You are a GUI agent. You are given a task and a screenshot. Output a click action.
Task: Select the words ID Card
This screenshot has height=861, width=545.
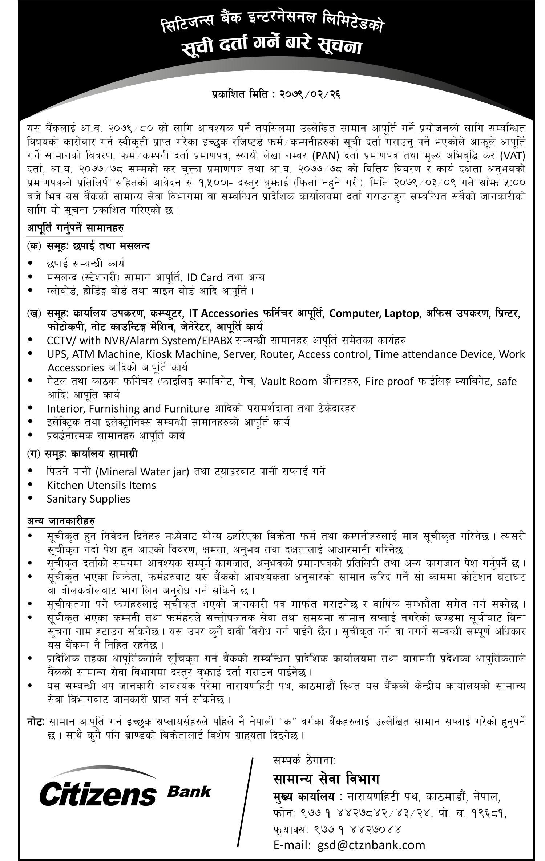click(205, 277)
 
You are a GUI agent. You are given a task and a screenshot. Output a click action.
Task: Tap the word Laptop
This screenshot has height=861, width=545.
click(402, 313)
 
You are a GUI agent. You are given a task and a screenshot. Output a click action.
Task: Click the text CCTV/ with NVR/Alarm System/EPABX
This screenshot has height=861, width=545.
click(140, 341)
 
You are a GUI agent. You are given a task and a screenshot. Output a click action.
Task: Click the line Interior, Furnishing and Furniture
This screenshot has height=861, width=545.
click(128, 409)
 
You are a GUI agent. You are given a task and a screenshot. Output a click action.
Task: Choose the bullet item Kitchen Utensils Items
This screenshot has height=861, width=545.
click(101, 485)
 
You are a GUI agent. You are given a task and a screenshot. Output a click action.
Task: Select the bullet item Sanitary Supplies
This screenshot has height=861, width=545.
click(88, 499)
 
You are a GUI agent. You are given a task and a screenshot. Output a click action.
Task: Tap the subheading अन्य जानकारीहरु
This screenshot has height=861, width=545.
click(61, 521)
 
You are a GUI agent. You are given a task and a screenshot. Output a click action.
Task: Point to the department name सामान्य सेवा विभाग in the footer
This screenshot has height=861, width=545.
click(326, 779)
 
